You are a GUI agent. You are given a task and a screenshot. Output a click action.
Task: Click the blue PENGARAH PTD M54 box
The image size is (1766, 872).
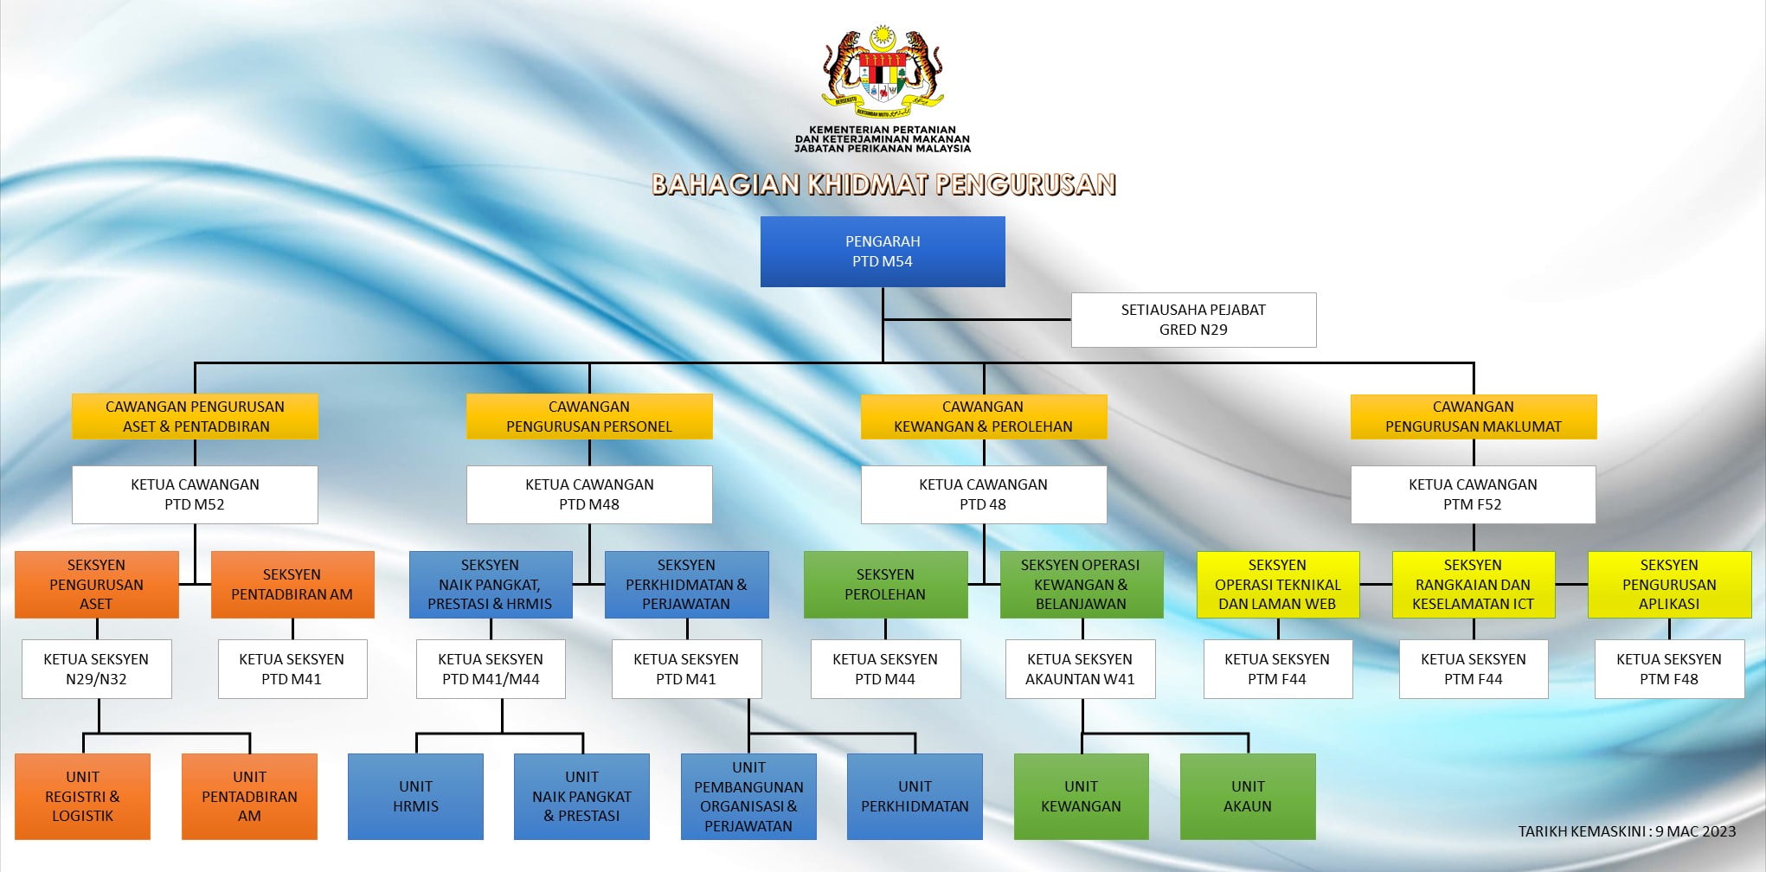point(883,251)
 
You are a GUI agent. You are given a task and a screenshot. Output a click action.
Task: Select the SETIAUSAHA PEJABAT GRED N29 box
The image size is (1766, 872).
point(1193,320)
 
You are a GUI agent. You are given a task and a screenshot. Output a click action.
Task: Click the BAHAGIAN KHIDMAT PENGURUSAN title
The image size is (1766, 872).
point(883,184)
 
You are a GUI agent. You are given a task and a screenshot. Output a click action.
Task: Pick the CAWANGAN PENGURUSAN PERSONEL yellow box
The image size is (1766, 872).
point(589,416)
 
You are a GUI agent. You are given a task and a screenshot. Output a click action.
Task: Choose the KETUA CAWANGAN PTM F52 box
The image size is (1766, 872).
point(1473,495)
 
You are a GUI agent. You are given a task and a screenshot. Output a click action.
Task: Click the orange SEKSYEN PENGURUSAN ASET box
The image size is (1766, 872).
point(96,585)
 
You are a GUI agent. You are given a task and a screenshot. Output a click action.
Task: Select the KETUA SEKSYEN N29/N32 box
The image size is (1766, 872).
point(96,669)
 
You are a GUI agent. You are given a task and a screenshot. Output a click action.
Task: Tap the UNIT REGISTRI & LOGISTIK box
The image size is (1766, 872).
point(82,797)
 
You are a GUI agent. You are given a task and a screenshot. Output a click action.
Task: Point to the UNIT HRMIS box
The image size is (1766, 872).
point(415,797)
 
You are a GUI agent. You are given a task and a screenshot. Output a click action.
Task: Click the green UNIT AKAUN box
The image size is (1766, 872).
point(1248,797)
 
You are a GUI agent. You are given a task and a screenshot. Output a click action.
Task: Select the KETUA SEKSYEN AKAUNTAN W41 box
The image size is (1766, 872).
point(1080,669)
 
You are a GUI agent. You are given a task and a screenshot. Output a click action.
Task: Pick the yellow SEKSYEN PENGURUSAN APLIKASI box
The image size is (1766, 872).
point(1669,585)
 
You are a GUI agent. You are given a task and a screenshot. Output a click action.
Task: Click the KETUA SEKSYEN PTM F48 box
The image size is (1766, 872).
point(1669,669)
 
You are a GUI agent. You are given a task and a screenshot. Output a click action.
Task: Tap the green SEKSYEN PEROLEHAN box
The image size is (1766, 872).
point(885,585)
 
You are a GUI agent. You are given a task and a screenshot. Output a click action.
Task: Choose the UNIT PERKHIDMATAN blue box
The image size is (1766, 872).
point(915,797)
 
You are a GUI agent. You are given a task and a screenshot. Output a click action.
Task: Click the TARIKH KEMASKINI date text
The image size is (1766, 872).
point(1628,831)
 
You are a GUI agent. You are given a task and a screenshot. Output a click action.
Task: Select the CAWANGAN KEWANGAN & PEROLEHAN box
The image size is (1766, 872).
point(983,416)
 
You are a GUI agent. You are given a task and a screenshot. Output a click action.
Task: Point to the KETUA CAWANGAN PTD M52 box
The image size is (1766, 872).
point(195,495)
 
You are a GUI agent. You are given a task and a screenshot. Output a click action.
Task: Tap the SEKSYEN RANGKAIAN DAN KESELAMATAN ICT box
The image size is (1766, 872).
point(1473,585)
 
